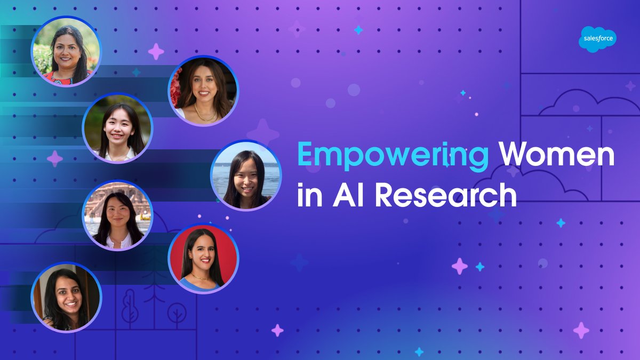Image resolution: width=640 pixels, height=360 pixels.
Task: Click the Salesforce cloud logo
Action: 597,39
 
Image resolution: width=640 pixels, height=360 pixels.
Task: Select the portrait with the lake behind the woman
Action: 246,175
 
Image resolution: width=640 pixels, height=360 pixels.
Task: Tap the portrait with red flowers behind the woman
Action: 203,91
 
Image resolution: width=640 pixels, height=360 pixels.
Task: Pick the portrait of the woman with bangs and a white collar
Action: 117,130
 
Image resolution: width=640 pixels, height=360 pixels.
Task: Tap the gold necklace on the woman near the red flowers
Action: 206,114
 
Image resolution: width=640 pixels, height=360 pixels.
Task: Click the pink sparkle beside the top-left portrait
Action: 156,52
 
